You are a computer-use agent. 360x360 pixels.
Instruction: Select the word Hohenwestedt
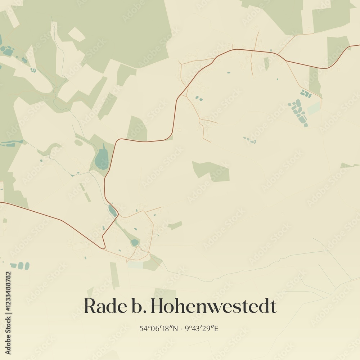pos(214,306)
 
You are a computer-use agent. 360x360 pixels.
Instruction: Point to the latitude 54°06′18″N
pos(159,328)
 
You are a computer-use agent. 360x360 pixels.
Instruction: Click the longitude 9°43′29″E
pos(202,328)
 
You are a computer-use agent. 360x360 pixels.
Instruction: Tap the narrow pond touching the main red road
pos(112,211)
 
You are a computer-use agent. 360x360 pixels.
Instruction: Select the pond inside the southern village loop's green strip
pos(134,242)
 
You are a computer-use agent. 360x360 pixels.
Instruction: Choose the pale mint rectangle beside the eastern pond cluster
pos(314,108)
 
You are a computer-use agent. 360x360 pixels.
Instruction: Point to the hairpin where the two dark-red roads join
pos(103,247)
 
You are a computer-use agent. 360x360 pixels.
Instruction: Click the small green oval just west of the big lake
pos(78,143)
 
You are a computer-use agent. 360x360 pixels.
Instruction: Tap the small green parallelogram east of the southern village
pos(175,225)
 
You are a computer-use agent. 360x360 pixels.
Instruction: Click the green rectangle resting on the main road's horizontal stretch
pos(137,129)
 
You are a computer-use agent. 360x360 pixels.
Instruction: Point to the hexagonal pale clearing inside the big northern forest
pos(77,35)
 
